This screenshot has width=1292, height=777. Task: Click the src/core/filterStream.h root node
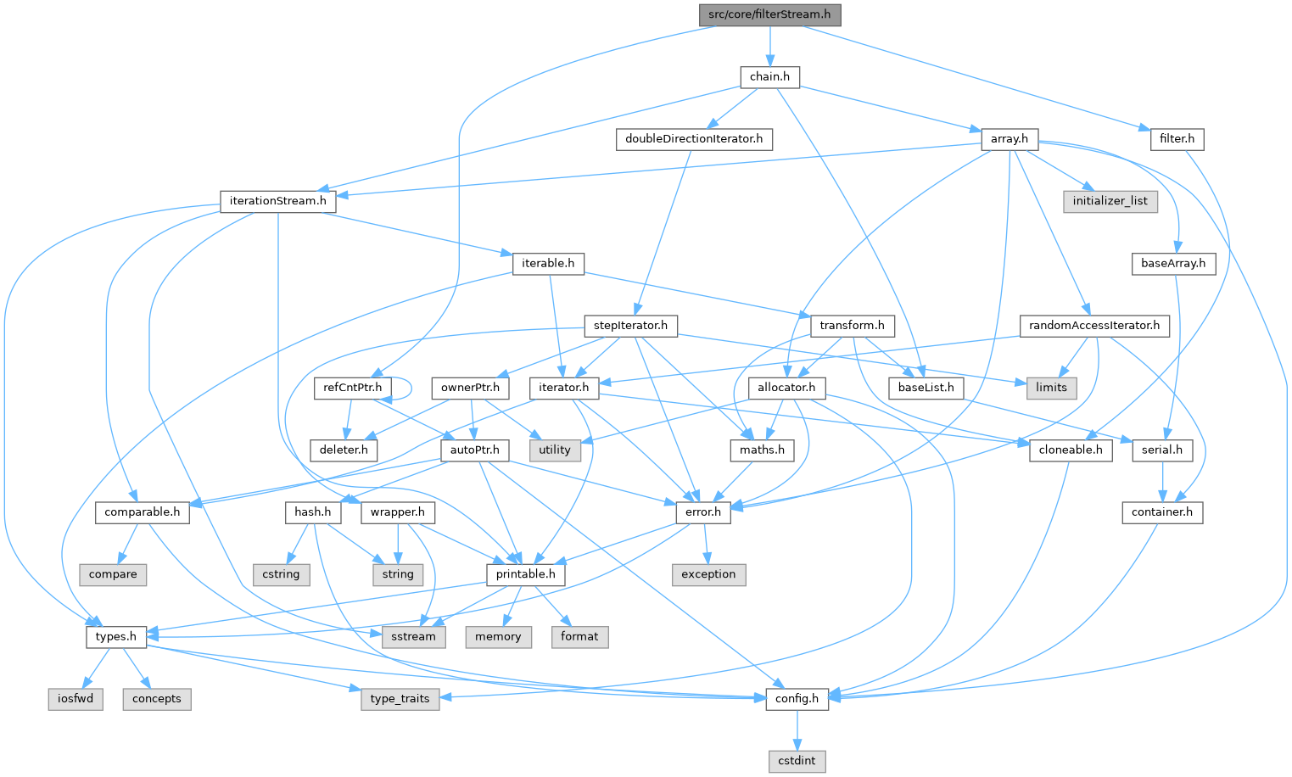click(x=769, y=14)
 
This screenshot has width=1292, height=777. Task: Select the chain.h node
click(x=769, y=76)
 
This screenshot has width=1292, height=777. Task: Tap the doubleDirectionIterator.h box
click(x=694, y=138)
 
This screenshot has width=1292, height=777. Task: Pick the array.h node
click(x=1010, y=138)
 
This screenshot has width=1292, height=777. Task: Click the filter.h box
click(x=1177, y=138)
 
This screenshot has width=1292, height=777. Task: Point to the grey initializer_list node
click(x=1110, y=201)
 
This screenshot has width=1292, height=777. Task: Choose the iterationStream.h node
click(x=277, y=201)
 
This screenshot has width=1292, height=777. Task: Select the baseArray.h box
click(x=1173, y=263)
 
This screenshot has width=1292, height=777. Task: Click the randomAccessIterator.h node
click(x=1094, y=326)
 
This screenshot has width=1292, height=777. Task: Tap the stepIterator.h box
click(x=630, y=326)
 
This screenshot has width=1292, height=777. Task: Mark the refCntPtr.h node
click(x=352, y=388)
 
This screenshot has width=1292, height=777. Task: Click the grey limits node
click(x=1051, y=388)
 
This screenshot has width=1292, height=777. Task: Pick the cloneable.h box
click(x=1071, y=450)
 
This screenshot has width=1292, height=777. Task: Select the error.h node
click(x=702, y=512)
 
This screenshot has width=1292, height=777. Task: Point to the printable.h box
click(x=526, y=574)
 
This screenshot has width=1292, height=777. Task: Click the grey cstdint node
click(x=797, y=761)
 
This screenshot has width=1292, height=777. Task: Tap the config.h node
click(x=797, y=699)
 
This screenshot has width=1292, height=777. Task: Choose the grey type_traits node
click(x=400, y=699)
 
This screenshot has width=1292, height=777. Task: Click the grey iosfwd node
click(x=76, y=699)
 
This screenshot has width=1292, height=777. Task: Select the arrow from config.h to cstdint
click(x=797, y=729)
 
